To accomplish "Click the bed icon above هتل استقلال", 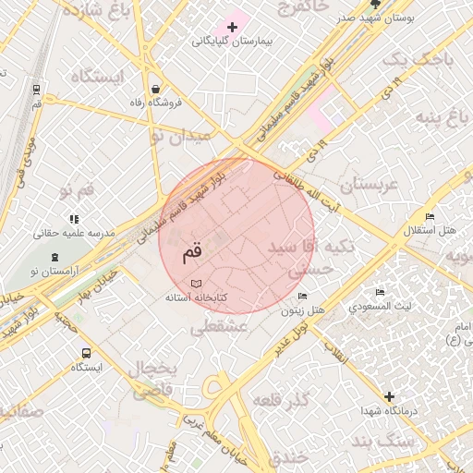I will point(430,216).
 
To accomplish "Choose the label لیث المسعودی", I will point(381,305).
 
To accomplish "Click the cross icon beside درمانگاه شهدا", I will point(389,396).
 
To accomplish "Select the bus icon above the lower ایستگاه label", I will point(86,353).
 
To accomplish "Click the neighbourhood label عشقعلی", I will point(219,326).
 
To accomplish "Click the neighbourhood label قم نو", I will point(78,190).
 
